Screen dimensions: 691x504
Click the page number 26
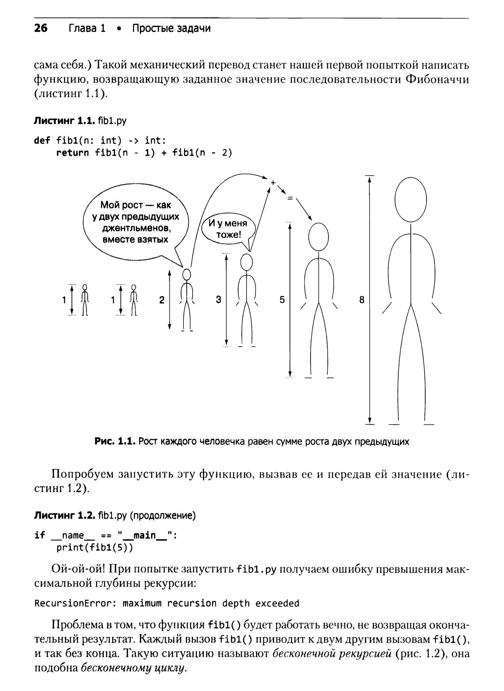click(x=41, y=28)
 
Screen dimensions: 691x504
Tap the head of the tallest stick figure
click(x=411, y=200)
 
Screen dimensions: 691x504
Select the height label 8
click(x=362, y=300)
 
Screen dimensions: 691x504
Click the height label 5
click(x=282, y=300)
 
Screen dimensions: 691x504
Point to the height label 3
click(x=218, y=300)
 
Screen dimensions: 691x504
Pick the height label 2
click(x=162, y=300)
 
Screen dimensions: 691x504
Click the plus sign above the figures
click(x=273, y=182)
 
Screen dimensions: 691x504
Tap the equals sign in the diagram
click(x=290, y=198)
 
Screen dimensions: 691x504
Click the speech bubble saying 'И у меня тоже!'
click(x=228, y=229)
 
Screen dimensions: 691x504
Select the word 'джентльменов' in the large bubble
click(x=136, y=228)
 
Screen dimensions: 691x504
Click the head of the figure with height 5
click(x=319, y=237)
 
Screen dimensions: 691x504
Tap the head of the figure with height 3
click(x=247, y=262)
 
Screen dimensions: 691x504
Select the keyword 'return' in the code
click(x=73, y=153)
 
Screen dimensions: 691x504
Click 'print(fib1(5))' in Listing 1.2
click(x=95, y=548)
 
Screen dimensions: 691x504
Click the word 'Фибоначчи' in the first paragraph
click(x=437, y=79)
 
